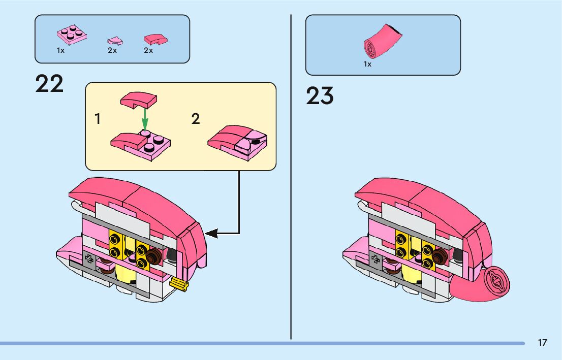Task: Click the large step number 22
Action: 49,84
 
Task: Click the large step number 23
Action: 320,96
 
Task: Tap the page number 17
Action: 542,343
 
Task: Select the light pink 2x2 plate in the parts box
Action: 71,35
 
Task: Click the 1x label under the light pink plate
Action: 60,50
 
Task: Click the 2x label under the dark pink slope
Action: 148,50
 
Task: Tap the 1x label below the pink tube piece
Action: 367,64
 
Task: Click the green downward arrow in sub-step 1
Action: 145,118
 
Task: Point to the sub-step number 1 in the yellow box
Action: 98,119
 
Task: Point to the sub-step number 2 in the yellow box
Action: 196,119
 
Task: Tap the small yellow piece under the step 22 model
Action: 179,285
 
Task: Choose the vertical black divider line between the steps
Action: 291,178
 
